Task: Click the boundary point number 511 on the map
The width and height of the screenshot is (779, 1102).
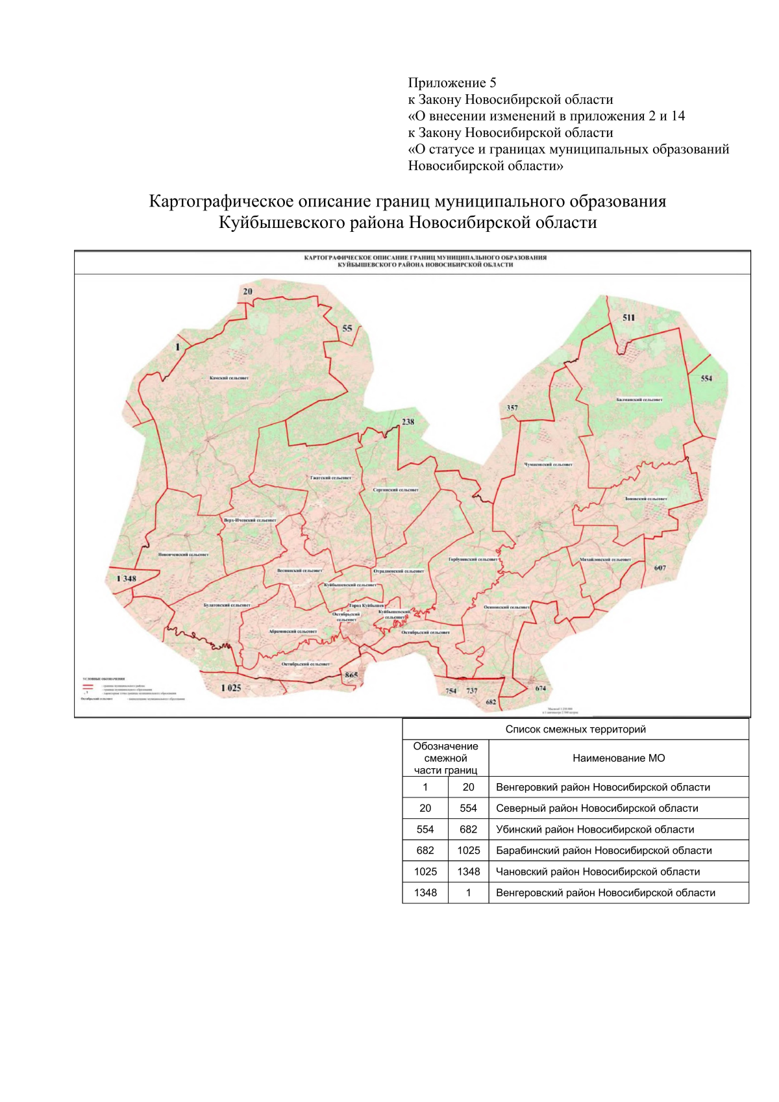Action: coord(628,318)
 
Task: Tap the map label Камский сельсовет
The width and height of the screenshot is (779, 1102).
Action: coord(229,378)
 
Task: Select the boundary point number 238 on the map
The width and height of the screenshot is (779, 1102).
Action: coord(408,421)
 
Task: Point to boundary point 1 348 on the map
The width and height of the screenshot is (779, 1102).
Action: coord(126,579)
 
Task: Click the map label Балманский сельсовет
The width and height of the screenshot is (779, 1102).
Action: coord(639,400)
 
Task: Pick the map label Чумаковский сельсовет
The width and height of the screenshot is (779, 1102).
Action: coord(549,465)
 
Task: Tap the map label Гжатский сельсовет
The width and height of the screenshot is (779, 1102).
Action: coord(330,478)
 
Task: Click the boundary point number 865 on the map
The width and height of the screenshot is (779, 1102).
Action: coord(351,675)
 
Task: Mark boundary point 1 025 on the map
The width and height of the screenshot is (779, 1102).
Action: coord(230,688)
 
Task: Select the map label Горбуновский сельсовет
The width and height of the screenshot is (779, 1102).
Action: coord(473,559)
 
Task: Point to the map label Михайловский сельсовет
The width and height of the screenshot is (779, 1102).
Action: coord(605,559)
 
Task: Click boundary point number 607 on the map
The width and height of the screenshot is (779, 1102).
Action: coord(660,568)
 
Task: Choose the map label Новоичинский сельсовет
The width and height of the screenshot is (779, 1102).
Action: coord(184,555)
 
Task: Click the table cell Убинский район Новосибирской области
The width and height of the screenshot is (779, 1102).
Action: coord(595,829)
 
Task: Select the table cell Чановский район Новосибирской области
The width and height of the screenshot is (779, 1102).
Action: coord(598,871)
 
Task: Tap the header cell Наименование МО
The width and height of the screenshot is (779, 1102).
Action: coord(619,758)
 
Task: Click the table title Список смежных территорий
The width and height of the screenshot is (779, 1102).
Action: coord(575,729)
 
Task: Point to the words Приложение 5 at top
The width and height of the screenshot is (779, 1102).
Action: coord(452,82)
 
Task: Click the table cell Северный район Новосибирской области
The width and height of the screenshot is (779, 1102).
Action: coord(597,808)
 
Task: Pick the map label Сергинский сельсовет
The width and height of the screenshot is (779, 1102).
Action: coord(396,490)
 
